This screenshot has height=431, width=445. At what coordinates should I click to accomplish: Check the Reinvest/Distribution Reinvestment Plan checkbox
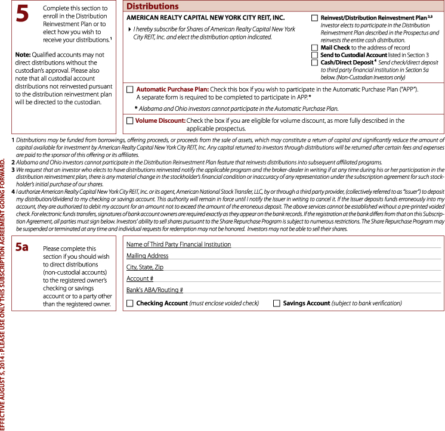(314, 18)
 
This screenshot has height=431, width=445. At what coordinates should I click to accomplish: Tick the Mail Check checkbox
(314, 47)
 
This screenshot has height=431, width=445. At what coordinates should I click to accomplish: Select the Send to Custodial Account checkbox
(314, 55)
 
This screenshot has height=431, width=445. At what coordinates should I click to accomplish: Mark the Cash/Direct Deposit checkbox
(314, 63)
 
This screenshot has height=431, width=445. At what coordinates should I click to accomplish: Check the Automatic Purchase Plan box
(129, 89)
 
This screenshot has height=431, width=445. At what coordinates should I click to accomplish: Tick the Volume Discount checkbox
(129, 120)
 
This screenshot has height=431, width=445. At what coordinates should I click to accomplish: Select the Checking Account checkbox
(129, 303)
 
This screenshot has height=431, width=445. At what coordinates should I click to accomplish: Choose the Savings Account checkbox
(276, 303)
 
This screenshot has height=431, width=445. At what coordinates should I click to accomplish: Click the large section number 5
(22, 15)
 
